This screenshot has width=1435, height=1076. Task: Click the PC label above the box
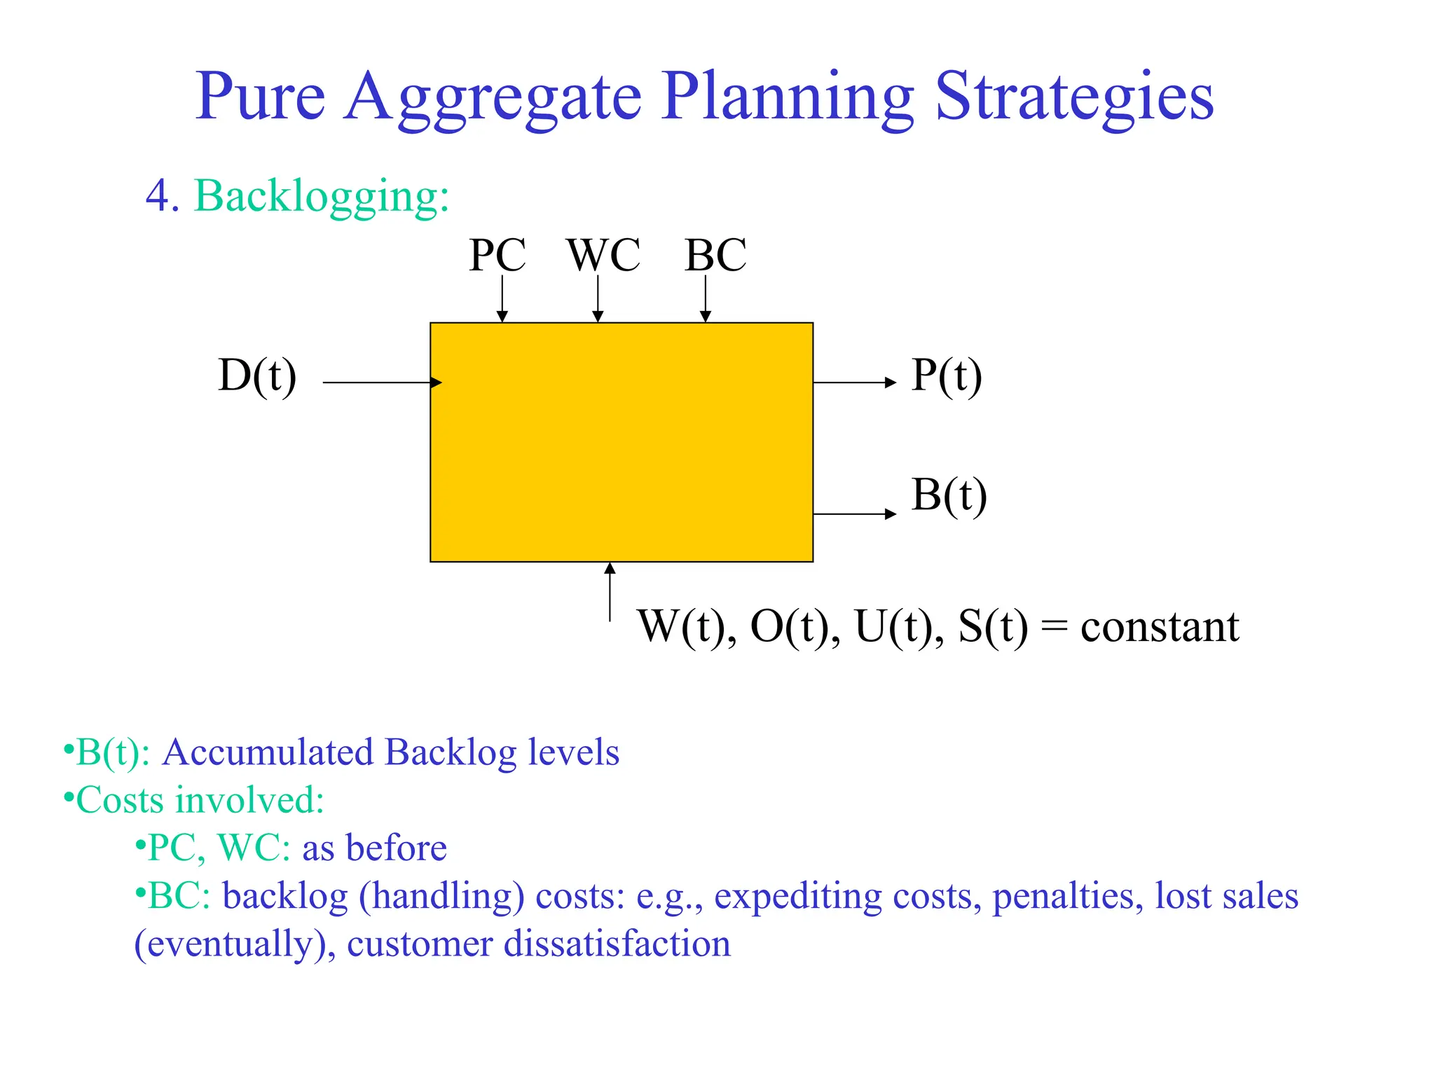click(497, 255)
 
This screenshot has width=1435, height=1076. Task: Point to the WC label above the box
click(603, 255)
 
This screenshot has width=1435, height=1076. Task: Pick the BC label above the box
click(715, 255)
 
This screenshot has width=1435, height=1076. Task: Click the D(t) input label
click(257, 376)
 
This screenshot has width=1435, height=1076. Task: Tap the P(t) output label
click(947, 376)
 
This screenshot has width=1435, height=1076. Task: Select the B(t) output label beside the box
click(949, 495)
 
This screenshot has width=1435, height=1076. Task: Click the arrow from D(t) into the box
click(382, 382)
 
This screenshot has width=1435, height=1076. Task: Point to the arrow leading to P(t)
click(854, 382)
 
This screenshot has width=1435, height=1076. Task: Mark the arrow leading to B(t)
click(854, 514)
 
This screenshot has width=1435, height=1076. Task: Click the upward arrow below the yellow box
click(610, 592)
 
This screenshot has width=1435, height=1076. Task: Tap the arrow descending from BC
click(706, 298)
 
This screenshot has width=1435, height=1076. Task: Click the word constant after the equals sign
click(1160, 626)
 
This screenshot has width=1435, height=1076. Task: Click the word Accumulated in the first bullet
click(268, 752)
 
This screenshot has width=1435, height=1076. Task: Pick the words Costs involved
click(200, 800)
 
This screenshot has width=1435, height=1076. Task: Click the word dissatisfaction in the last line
click(617, 944)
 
